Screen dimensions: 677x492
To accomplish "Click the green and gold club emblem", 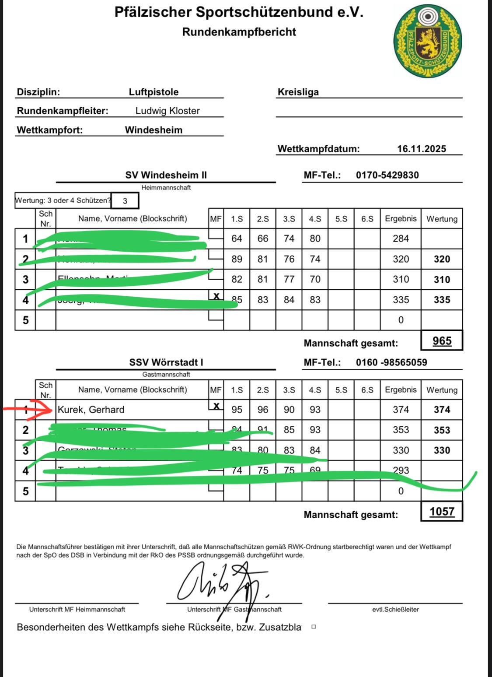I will pos(428,41).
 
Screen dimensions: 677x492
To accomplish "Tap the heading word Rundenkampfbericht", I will pos(239,32).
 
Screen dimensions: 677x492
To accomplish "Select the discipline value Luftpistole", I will pos(154,92).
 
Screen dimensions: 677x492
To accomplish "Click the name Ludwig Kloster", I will pos(167,111).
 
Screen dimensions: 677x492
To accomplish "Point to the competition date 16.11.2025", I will pos(421,149).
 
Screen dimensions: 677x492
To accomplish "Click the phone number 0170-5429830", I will pos(387,175).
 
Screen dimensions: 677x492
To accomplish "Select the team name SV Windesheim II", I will pos(166,175).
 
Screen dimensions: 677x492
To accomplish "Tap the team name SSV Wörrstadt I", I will pos(166,362).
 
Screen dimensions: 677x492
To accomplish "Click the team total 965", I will pos(442,341).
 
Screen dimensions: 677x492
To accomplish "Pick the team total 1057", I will pos(442,512).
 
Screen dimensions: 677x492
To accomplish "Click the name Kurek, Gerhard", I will pos(91,410).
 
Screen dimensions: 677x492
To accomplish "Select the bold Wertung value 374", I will pos(442,410).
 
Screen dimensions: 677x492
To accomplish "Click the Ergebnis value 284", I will pos(401,239).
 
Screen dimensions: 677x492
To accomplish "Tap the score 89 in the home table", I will pos(237,259).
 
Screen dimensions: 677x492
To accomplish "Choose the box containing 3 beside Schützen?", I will pos(125,201).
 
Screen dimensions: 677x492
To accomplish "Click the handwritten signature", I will pos(221,582).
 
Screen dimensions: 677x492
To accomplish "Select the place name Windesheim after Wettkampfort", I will pos(154,130).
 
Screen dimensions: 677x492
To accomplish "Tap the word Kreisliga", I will pos(298,92).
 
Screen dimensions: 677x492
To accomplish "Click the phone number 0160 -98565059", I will pos(391,362).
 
